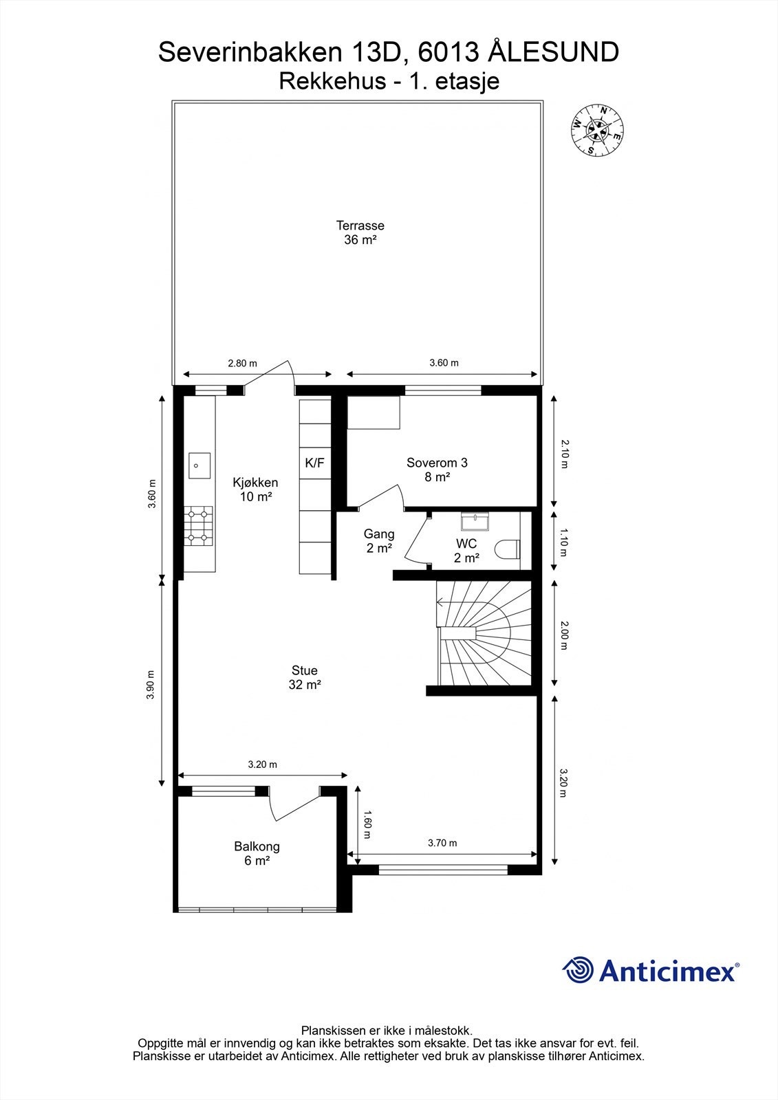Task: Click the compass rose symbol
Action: tap(597, 131)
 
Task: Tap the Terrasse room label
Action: tap(360, 226)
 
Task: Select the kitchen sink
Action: tap(199, 465)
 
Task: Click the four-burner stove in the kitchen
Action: tap(199, 526)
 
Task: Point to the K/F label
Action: tap(314, 463)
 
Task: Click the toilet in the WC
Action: tap(507, 549)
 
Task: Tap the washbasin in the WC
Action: tap(475, 521)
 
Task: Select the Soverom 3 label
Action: tap(437, 463)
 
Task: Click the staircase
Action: tap(484, 633)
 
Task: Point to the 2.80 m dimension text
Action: tap(242, 364)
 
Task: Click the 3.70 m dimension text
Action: tap(442, 843)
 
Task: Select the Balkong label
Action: tap(257, 846)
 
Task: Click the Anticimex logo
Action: tap(651, 970)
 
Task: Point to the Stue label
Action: tap(305, 670)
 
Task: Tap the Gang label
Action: tap(379, 534)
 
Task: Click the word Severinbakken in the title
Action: tap(250, 52)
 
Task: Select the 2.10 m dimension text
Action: tap(565, 454)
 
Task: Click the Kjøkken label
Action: tap(256, 482)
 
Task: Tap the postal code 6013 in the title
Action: tap(447, 52)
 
